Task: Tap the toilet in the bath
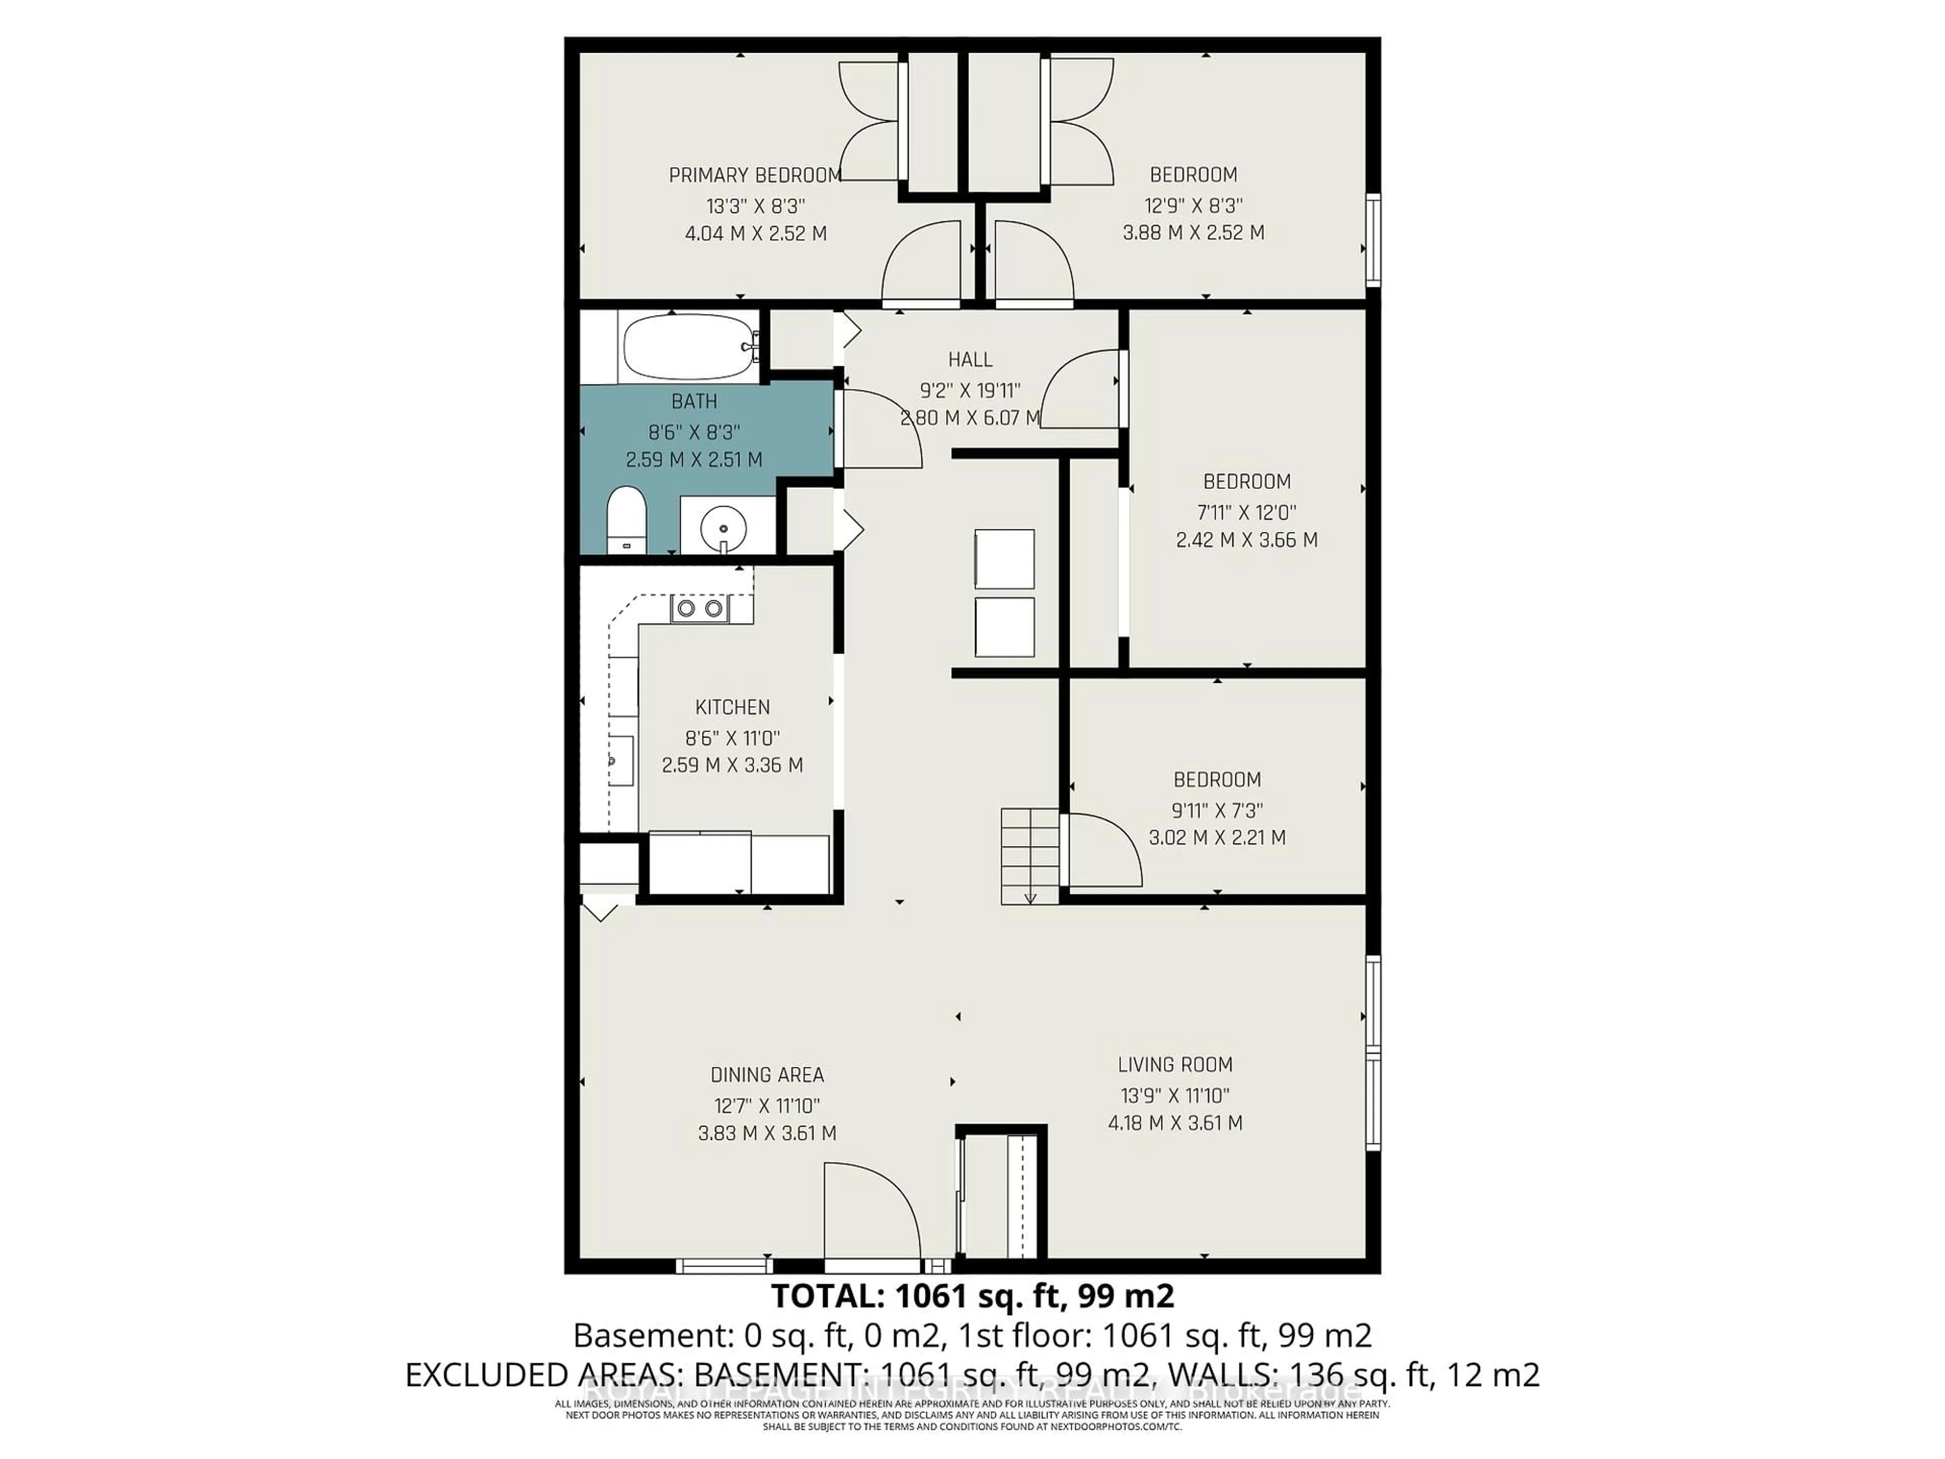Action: pyautogui.click(x=627, y=518)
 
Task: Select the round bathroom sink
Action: pyautogui.click(x=724, y=528)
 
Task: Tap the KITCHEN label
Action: pyautogui.click(x=732, y=707)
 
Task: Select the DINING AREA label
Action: pyautogui.click(x=767, y=1074)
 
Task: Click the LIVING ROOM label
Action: pyautogui.click(x=1175, y=1065)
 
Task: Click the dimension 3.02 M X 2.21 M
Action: pyautogui.click(x=1217, y=837)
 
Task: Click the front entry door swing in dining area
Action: pyautogui.click(x=871, y=1214)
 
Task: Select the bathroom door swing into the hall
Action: pyautogui.click(x=879, y=431)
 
